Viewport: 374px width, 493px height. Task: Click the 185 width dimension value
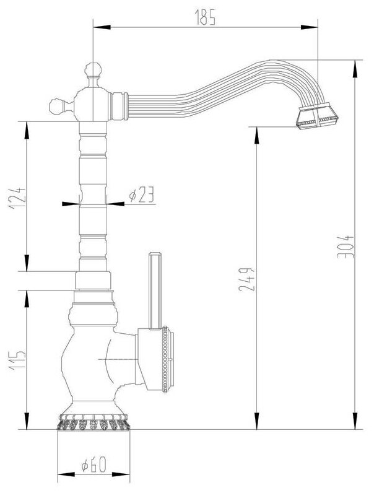207,19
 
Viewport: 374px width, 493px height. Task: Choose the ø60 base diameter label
92,465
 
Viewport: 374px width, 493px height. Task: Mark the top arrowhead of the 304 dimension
357,63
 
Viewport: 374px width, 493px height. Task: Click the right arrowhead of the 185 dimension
315,26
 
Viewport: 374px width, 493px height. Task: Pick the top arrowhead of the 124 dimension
27,124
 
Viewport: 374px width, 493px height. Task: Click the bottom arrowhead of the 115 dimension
27,425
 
